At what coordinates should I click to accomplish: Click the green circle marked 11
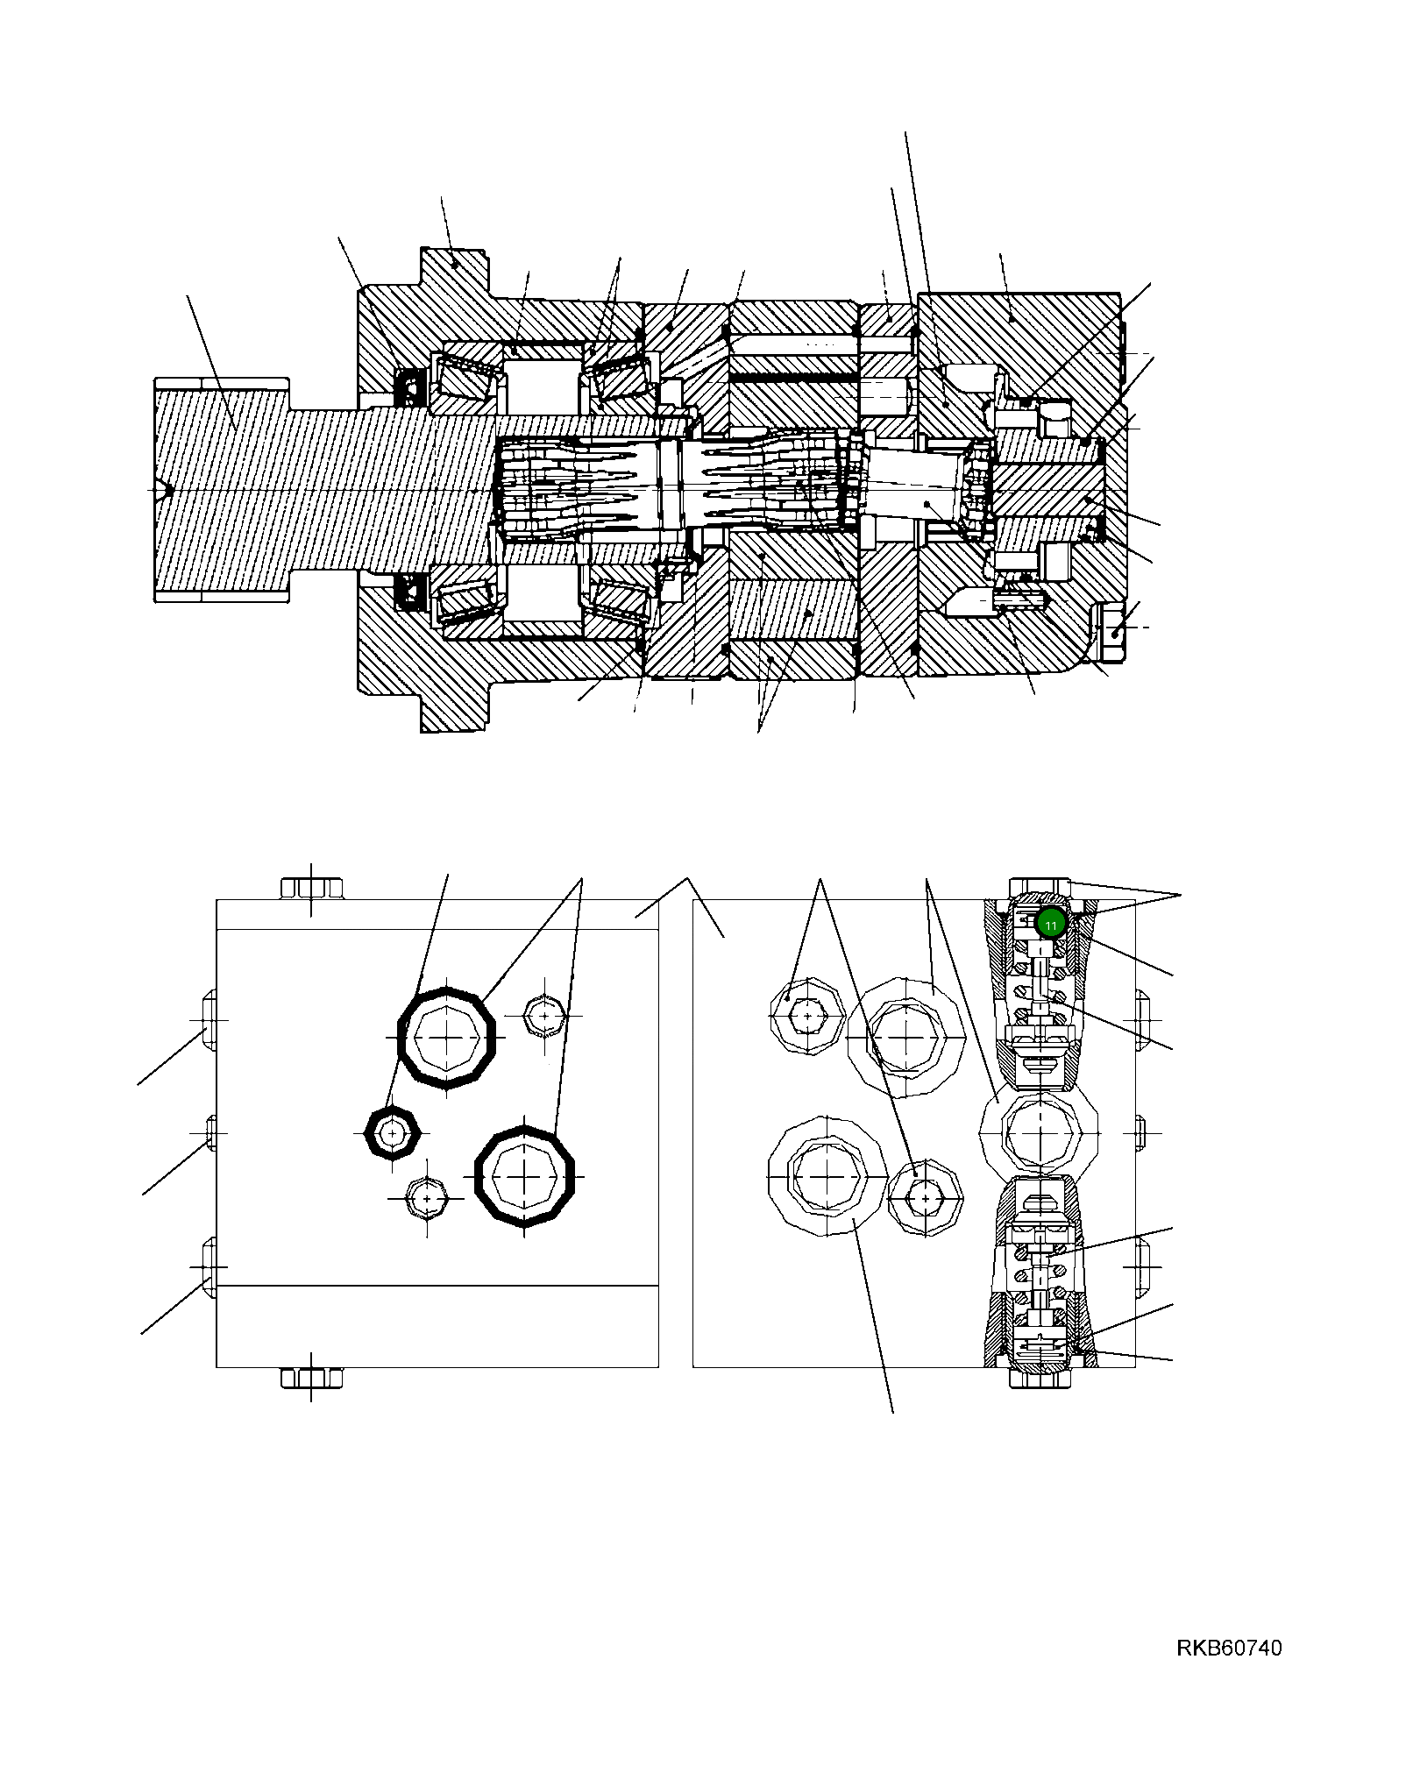pos(1050,923)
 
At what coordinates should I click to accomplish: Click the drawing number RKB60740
pos(1228,1648)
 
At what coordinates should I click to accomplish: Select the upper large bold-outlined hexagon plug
pos(447,1038)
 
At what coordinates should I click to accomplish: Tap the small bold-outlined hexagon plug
pos(392,1133)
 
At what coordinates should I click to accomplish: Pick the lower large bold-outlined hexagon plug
pos(524,1176)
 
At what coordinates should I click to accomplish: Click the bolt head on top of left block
pos(311,888)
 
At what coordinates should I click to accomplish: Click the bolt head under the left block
pos(311,1378)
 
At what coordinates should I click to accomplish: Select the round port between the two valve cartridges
pos(1039,1133)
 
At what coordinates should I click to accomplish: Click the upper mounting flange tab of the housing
pos(453,272)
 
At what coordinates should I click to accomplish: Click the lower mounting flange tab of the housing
pos(453,706)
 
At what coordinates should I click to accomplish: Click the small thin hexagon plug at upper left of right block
pos(807,1016)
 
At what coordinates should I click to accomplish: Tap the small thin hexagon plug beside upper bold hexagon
pos(544,1016)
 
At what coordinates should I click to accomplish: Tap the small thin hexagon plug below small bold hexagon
pos(427,1198)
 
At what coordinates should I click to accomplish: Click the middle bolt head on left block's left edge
pos(210,1132)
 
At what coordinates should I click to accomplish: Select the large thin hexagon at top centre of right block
pos(905,1038)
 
